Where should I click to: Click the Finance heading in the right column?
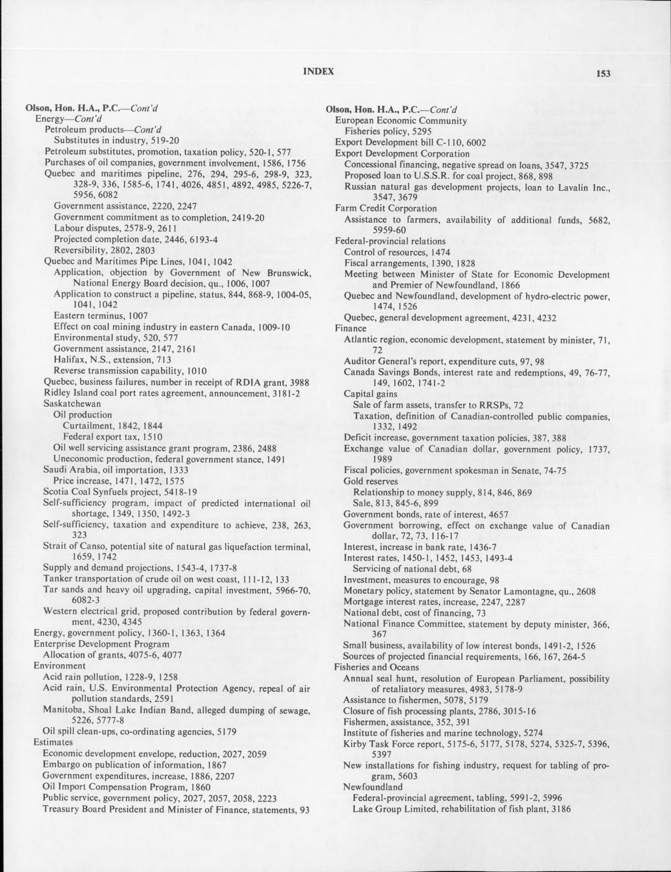350,329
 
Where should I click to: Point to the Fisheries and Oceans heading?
377,667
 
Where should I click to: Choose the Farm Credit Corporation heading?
386,208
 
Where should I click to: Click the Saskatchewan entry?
72,404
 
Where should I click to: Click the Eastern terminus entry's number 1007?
139,316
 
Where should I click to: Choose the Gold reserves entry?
371,481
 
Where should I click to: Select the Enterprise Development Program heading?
101,644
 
